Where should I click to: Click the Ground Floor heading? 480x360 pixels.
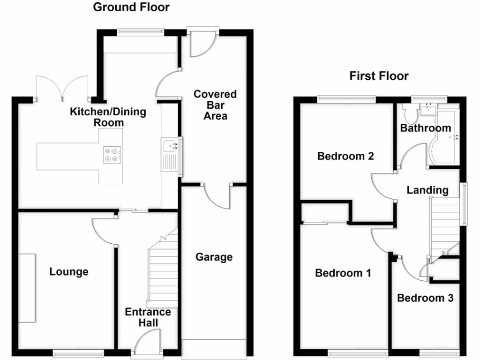[131, 7]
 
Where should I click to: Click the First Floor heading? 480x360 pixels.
[379, 76]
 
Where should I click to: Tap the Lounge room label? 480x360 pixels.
[69, 272]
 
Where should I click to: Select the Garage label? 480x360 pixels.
[214, 257]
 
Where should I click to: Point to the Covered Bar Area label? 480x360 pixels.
[215, 105]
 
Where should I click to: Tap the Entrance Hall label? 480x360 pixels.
[148, 317]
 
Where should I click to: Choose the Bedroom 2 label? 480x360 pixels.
[345, 156]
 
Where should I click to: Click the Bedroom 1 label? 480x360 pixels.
[343, 273]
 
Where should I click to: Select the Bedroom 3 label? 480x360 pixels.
[425, 298]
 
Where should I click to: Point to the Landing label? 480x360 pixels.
[427, 190]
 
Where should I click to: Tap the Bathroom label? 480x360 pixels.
[426, 128]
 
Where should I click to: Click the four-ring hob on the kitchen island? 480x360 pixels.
[113, 155]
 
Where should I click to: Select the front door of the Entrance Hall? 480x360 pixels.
[147, 342]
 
